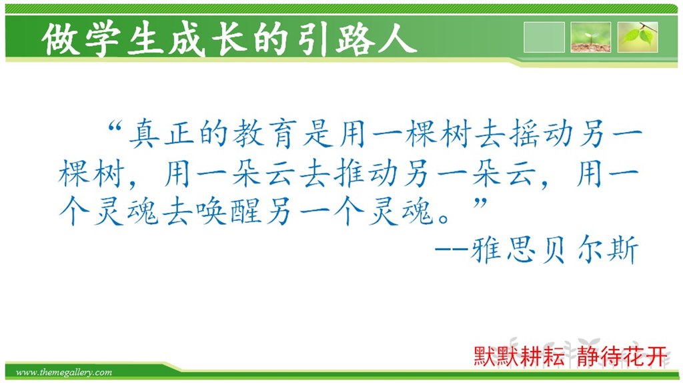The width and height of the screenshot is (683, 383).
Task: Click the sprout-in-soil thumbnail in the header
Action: (x=591, y=37)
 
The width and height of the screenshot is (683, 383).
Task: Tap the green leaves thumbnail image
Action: (x=638, y=37)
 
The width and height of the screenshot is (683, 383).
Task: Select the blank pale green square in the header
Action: (x=544, y=37)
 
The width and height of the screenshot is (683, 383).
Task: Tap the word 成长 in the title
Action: (x=188, y=39)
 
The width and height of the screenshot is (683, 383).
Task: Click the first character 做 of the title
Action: (x=60, y=39)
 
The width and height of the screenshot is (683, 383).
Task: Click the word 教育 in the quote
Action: (x=264, y=133)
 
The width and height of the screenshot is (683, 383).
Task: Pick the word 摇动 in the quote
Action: (x=540, y=133)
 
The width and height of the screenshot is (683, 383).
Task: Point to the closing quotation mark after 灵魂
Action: (x=480, y=203)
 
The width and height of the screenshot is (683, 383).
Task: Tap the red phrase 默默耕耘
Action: (x=519, y=356)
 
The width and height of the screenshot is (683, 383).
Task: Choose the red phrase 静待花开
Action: (x=622, y=356)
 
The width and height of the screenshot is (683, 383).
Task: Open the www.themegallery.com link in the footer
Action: (x=64, y=372)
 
